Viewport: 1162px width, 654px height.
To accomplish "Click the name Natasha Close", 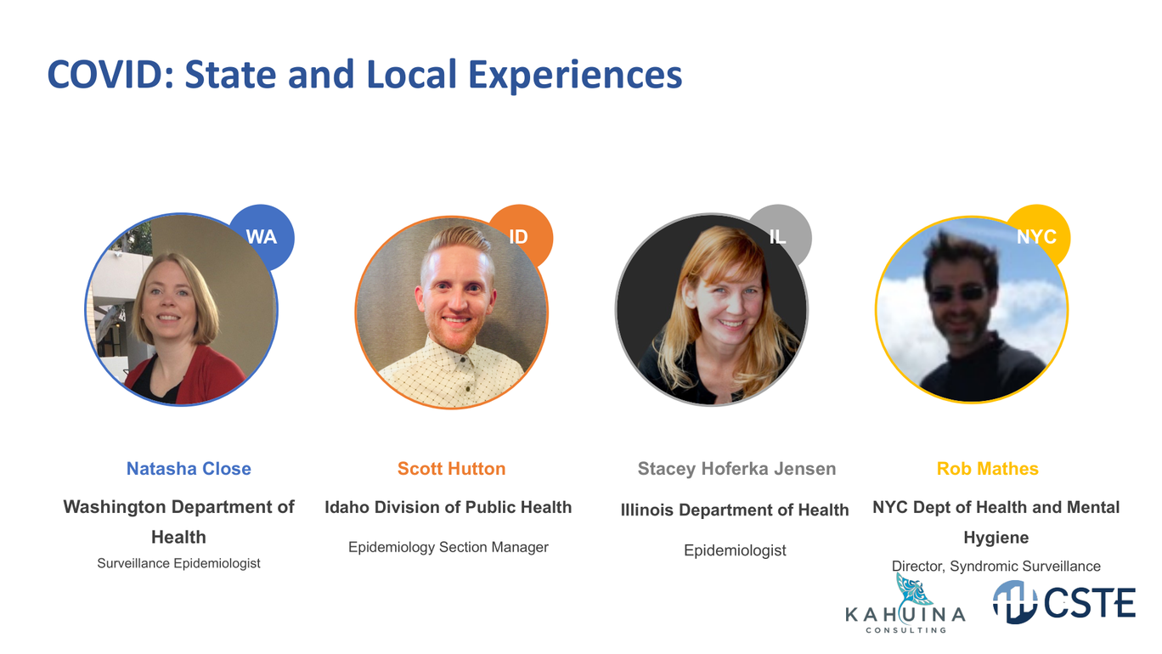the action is point(189,468).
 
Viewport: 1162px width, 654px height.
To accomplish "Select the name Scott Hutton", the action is point(451,468).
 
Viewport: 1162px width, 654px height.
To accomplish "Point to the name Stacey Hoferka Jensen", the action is point(736,468).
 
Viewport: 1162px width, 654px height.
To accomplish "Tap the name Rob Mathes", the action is point(987,468).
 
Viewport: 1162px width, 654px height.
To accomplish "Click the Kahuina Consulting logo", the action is point(905,604).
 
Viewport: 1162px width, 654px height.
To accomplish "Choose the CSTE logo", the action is point(1064,602).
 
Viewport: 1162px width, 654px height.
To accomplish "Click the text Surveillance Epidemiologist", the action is point(178,563).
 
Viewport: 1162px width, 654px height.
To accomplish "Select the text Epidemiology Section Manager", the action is point(448,547).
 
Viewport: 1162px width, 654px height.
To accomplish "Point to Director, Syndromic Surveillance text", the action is point(996,566).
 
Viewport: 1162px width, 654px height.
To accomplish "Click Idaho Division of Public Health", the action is point(448,507).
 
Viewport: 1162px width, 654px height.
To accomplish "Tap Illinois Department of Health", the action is point(735,510).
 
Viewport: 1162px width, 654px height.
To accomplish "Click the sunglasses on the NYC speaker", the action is point(958,294).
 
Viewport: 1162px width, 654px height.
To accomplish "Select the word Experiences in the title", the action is point(575,76).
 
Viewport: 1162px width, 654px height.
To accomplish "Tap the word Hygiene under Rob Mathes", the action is point(996,538).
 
